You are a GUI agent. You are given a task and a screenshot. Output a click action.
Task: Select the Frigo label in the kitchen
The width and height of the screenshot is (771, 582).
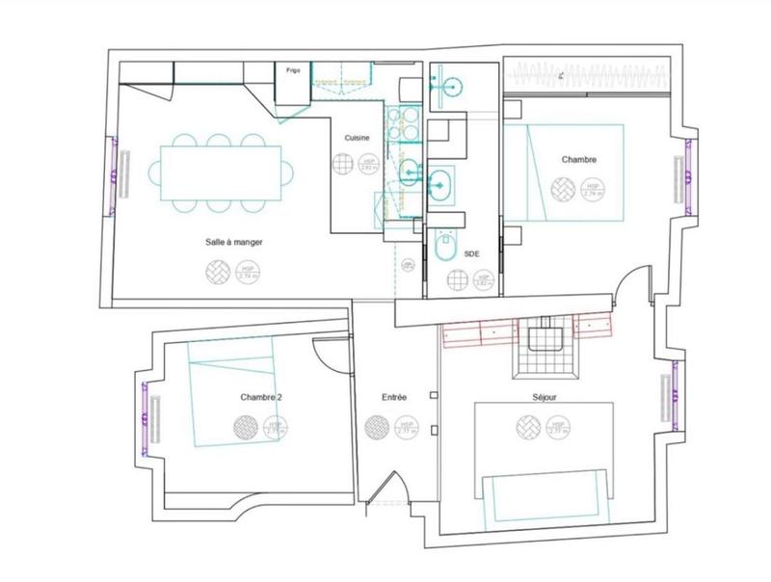(x=292, y=70)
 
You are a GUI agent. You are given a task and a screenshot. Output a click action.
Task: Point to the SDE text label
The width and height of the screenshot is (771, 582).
(x=472, y=253)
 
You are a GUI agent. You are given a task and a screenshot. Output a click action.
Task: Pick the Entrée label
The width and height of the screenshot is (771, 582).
(x=394, y=397)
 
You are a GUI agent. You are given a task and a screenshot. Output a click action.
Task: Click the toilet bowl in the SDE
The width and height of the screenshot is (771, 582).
(x=445, y=250)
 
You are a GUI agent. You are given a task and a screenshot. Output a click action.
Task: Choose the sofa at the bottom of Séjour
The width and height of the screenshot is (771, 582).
(x=546, y=496)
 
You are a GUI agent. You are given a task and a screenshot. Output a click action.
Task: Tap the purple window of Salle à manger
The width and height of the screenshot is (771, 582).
(x=117, y=172)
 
